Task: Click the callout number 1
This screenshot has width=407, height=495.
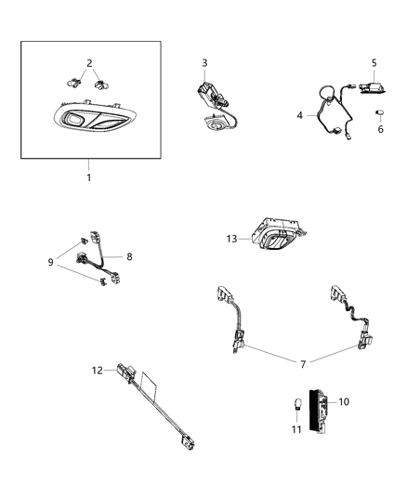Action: point(90,176)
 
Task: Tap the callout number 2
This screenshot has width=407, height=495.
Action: point(88,63)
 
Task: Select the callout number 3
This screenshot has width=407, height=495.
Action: point(204,62)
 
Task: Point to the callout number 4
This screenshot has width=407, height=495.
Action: point(300,116)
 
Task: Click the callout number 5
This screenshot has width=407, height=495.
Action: point(374,63)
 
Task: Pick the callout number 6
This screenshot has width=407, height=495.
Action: point(379,129)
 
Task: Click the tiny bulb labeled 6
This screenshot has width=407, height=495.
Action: point(379,112)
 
